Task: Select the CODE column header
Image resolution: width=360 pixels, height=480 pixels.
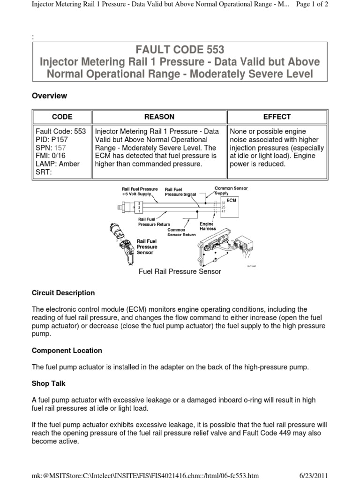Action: coord(61,117)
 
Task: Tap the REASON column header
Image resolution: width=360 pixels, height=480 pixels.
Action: coord(159,117)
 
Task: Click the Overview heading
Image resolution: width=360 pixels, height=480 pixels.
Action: coord(49,96)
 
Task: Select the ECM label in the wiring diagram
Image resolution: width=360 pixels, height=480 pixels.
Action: coord(232,199)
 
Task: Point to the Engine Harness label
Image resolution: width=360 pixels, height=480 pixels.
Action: coord(207,226)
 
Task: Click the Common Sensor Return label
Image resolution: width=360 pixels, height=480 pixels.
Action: coord(174,232)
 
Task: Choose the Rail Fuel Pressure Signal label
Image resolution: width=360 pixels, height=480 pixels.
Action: coord(180,192)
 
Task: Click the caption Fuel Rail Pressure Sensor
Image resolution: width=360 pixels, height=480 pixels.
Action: coord(180,271)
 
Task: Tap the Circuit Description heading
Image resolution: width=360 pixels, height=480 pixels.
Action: coord(63,293)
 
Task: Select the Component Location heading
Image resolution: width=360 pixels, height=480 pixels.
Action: coord(67,351)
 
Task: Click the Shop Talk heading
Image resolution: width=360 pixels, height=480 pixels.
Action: coord(48,383)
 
